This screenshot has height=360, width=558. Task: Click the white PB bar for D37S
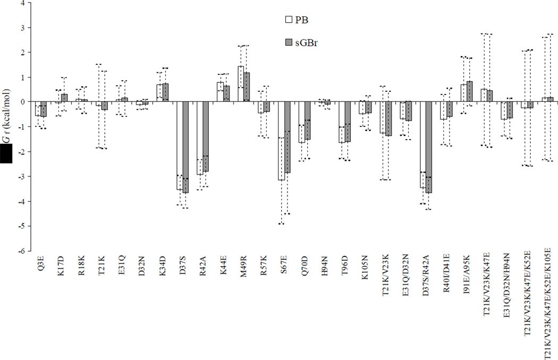[180, 145]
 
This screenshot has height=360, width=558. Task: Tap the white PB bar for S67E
[281, 141]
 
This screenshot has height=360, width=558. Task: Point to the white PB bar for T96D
[342, 122]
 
